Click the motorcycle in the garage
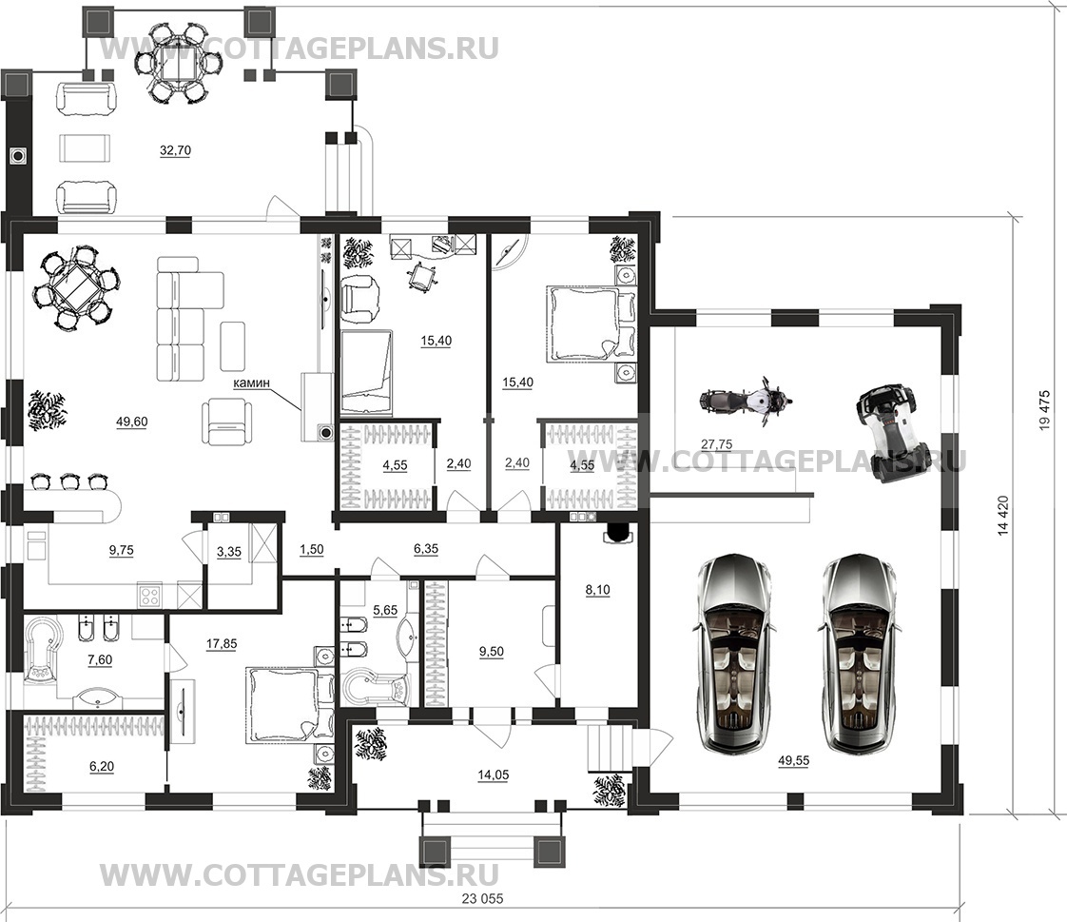745,402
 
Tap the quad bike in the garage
885,430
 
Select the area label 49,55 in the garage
793,760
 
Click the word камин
252,383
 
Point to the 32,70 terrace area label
175,150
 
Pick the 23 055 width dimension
482,898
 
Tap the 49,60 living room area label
132,422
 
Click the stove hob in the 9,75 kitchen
149,596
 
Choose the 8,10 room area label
597,590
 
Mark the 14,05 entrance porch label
493,775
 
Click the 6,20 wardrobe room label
102,767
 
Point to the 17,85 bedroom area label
222,643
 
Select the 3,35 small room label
228,552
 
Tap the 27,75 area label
716,444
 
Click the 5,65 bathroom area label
385,610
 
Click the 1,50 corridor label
312,550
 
